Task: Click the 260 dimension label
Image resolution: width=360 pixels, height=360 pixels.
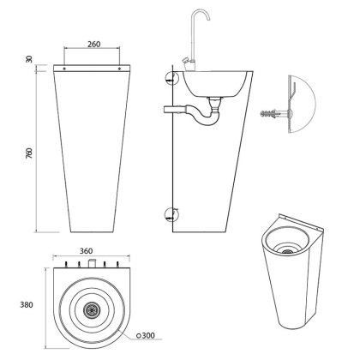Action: pyautogui.click(x=94, y=44)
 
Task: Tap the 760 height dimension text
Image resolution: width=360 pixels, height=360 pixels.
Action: pyautogui.click(x=29, y=153)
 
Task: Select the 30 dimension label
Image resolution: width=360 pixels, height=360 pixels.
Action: pyautogui.click(x=29, y=59)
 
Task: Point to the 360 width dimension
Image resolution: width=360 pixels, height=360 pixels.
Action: pyautogui.click(x=86, y=251)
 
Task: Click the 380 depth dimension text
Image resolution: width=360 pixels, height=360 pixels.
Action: pyautogui.click(x=27, y=305)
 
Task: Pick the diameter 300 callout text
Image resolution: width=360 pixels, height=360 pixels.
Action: pyautogui.click(x=146, y=335)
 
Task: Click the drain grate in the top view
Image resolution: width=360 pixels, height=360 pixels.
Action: pyautogui.click(x=91, y=309)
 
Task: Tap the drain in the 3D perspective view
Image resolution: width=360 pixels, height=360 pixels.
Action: pyautogui.click(x=288, y=251)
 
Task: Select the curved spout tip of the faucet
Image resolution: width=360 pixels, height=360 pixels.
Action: pyautogui.click(x=208, y=17)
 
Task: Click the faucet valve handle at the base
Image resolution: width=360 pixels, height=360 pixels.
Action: pyautogui.click(x=186, y=61)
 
